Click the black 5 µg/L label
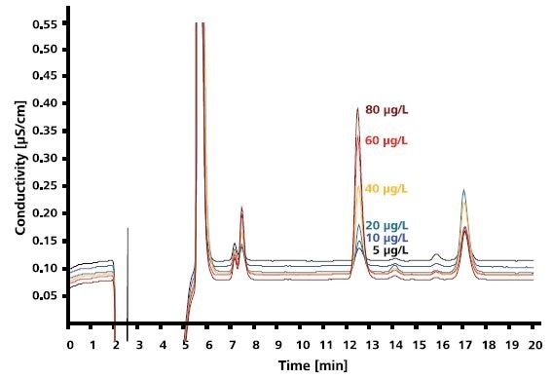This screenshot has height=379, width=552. pyautogui.click(x=389, y=250)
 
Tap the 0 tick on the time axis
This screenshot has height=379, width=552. pyautogui.click(x=70, y=345)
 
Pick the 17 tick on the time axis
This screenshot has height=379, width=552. pyautogui.click(x=465, y=345)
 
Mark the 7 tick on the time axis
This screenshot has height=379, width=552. pyautogui.click(x=233, y=345)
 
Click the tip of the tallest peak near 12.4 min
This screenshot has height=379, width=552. pyautogui.click(x=358, y=108)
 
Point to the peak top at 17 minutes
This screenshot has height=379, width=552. pyautogui.click(x=464, y=191)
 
